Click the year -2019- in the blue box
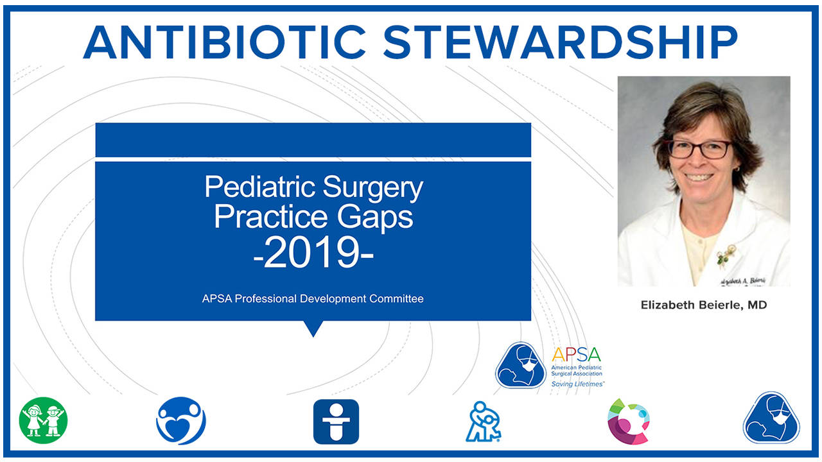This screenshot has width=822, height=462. [313, 253]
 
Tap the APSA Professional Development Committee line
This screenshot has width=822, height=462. [313, 298]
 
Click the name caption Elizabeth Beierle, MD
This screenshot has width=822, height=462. [704, 305]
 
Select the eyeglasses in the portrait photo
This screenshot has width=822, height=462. [699, 149]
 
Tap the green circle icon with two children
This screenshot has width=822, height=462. [43, 421]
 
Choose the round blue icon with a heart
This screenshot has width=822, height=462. [181, 421]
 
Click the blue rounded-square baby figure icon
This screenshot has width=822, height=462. [336, 422]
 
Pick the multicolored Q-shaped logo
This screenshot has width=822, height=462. [629, 421]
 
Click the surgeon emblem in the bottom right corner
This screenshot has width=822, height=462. [771, 418]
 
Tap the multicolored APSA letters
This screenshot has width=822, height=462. [576, 355]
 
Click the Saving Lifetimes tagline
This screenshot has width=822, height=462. [577, 384]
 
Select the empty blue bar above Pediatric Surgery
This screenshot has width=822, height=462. [313, 140]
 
